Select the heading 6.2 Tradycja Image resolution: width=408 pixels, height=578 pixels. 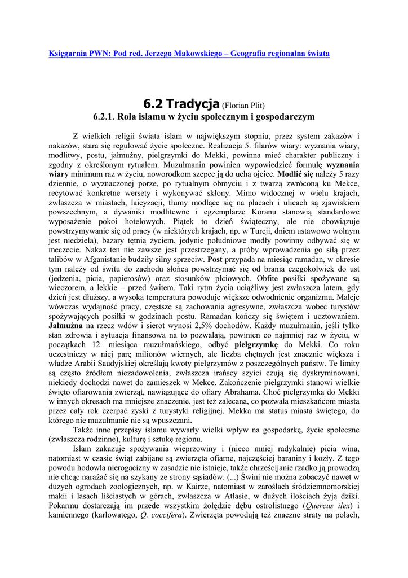pos(180,104)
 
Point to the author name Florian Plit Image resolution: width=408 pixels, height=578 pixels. pos(243,106)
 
